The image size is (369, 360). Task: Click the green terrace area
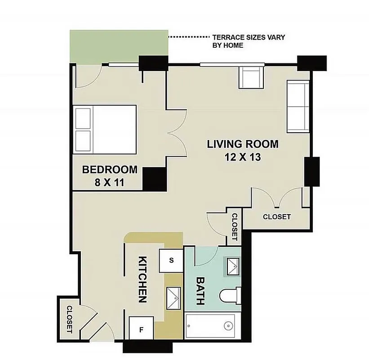tap(119, 47)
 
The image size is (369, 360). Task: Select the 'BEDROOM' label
tap(110, 170)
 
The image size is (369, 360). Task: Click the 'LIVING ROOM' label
tap(243, 144)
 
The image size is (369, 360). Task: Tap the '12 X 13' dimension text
tap(243, 157)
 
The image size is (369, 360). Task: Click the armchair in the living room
tap(253, 77)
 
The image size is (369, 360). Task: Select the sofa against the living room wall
tap(298, 107)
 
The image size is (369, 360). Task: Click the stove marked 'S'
tap(171, 260)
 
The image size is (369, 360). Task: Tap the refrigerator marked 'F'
tap(141, 329)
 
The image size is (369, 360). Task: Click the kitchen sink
tap(173, 297)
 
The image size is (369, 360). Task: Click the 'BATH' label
tap(201, 290)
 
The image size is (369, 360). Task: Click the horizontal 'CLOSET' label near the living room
tap(276, 217)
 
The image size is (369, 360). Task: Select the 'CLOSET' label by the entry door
tap(70, 319)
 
